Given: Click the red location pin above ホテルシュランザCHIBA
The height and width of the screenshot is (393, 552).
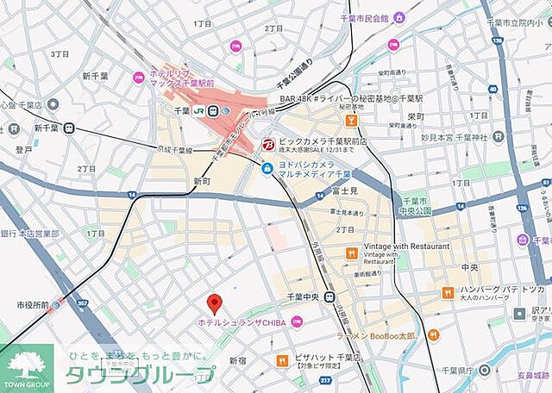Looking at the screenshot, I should coord(216,303).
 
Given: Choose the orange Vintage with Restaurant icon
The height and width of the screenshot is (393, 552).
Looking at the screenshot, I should coord(351,253).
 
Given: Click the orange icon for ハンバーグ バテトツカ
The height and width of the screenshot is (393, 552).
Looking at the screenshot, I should coord(448,292).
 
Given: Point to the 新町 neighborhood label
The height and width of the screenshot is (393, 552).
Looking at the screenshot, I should coord(202,182).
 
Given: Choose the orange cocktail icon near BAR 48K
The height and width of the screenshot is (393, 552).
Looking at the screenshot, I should coord(351,120).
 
